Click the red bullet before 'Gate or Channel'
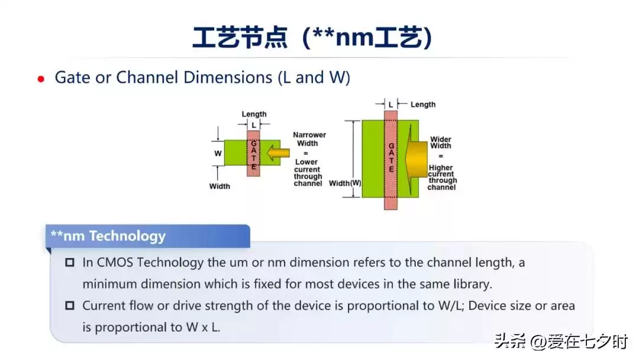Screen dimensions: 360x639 point(41,79)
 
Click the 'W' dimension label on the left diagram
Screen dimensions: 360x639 point(218,153)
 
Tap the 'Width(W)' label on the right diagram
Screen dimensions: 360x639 point(345,183)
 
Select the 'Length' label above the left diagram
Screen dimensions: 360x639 point(254,114)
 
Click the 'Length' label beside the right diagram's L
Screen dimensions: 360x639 point(422,105)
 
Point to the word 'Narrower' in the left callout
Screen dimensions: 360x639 point(309,135)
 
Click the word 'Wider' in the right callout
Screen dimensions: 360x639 point(441,139)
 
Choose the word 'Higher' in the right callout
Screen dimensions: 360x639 point(441,168)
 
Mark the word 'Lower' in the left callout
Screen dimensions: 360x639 point(306,162)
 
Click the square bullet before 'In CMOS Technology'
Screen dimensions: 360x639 point(70,262)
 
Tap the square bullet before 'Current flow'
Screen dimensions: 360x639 point(70,306)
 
